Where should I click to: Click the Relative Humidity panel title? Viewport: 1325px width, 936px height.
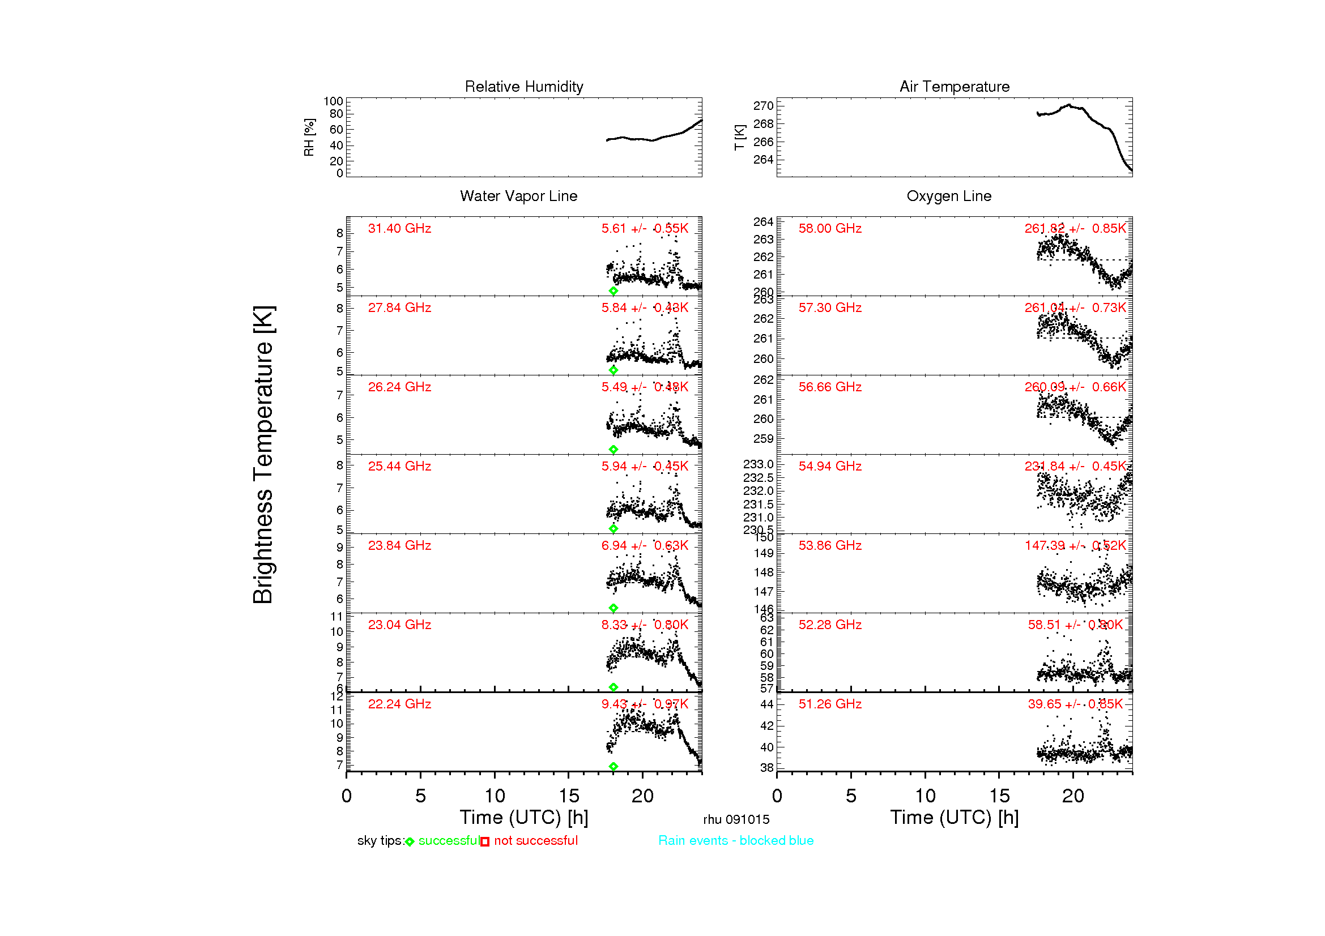(x=524, y=87)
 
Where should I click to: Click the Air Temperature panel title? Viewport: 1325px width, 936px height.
(x=955, y=87)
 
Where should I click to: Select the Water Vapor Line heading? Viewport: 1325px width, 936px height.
(x=518, y=196)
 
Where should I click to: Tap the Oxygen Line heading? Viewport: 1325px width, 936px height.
(x=949, y=196)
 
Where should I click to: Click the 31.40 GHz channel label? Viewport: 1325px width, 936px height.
(x=399, y=228)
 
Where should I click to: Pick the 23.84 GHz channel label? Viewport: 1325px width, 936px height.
(x=399, y=545)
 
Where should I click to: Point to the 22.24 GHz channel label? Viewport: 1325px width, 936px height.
(x=399, y=704)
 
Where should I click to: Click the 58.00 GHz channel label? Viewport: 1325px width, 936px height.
(x=830, y=228)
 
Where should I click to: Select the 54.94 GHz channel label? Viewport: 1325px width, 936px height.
(x=830, y=466)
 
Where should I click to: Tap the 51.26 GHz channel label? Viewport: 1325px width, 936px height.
(x=830, y=704)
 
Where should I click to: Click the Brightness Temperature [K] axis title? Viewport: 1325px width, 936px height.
(x=264, y=455)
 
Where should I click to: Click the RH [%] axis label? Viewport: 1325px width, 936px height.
(x=309, y=137)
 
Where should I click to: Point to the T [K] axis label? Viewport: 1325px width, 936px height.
(x=739, y=137)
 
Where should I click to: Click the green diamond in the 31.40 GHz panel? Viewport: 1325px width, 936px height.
(x=613, y=291)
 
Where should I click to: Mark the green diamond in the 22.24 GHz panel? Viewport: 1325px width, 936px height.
(x=613, y=767)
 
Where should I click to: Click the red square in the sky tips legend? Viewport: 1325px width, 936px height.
(x=485, y=842)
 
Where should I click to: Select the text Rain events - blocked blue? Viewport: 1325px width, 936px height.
(x=736, y=841)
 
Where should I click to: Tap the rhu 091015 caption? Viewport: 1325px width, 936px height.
(x=736, y=819)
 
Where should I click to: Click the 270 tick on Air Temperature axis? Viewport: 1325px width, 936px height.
(x=763, y=105)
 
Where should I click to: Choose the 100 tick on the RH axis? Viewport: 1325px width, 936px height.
(x=333, y=101)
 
